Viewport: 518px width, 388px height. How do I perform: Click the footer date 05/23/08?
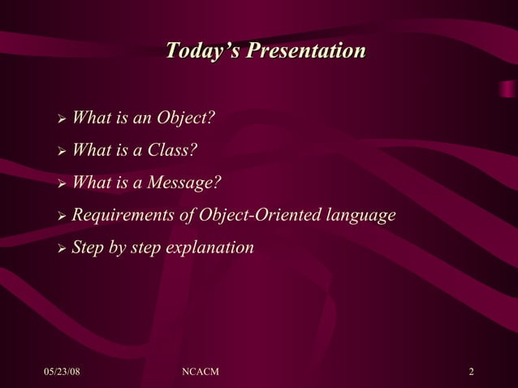coord(62,372)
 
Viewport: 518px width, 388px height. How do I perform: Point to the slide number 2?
coord(471,372)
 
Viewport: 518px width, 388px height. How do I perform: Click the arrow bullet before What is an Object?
coord(61,120)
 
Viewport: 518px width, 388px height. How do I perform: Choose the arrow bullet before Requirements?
coord(61,217)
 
